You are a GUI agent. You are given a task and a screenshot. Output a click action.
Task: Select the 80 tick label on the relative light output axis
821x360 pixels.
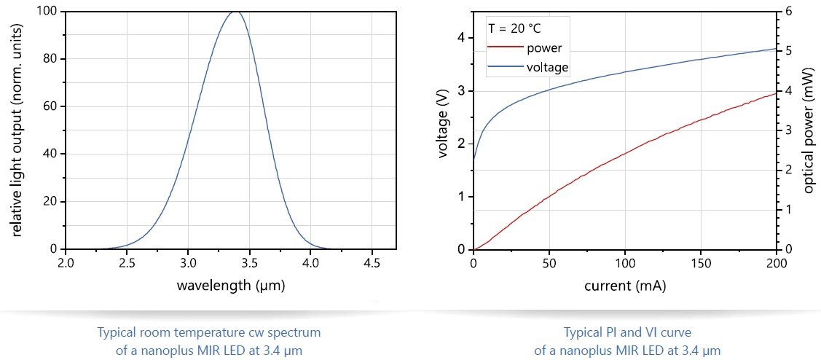click(x=51, y=59)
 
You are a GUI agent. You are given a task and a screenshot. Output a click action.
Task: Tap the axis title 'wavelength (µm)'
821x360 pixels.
click(x=231, y=285)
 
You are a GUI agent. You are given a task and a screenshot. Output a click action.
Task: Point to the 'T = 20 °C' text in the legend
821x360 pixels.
click(x=514, y=29)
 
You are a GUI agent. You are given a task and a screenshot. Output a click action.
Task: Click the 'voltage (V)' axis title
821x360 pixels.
click(x=443, y=130)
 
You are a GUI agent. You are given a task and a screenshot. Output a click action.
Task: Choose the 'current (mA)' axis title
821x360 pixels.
click(x=625, y=285)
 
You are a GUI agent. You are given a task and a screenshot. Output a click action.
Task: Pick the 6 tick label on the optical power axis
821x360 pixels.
click(x=790, y=12)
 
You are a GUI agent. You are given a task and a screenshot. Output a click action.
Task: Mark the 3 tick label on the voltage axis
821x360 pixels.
click(x=461, y=91)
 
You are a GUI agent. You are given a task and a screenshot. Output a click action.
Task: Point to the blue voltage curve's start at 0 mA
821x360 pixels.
click(x=474, y=159)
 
